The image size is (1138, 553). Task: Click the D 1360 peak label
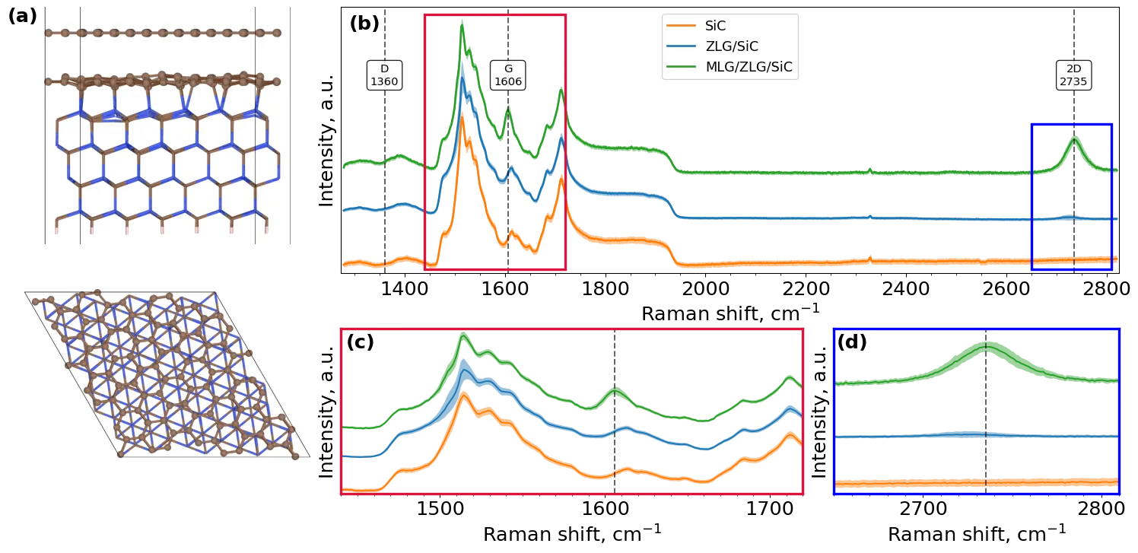[x=384, y=75]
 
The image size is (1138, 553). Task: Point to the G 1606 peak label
[x=508, y=75]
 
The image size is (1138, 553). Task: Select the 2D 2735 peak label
[x=1073, y=75]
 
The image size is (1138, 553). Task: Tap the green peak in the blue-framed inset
[x=986, y=347]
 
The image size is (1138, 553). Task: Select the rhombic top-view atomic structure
[x=167, y=374]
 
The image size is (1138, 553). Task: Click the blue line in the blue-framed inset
[x=913, y=436]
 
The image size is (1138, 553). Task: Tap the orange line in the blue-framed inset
[x=913, y=482]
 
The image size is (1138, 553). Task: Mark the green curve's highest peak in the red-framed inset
[x=463, y=337]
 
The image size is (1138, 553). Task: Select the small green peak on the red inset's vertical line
[x=616, y=390]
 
